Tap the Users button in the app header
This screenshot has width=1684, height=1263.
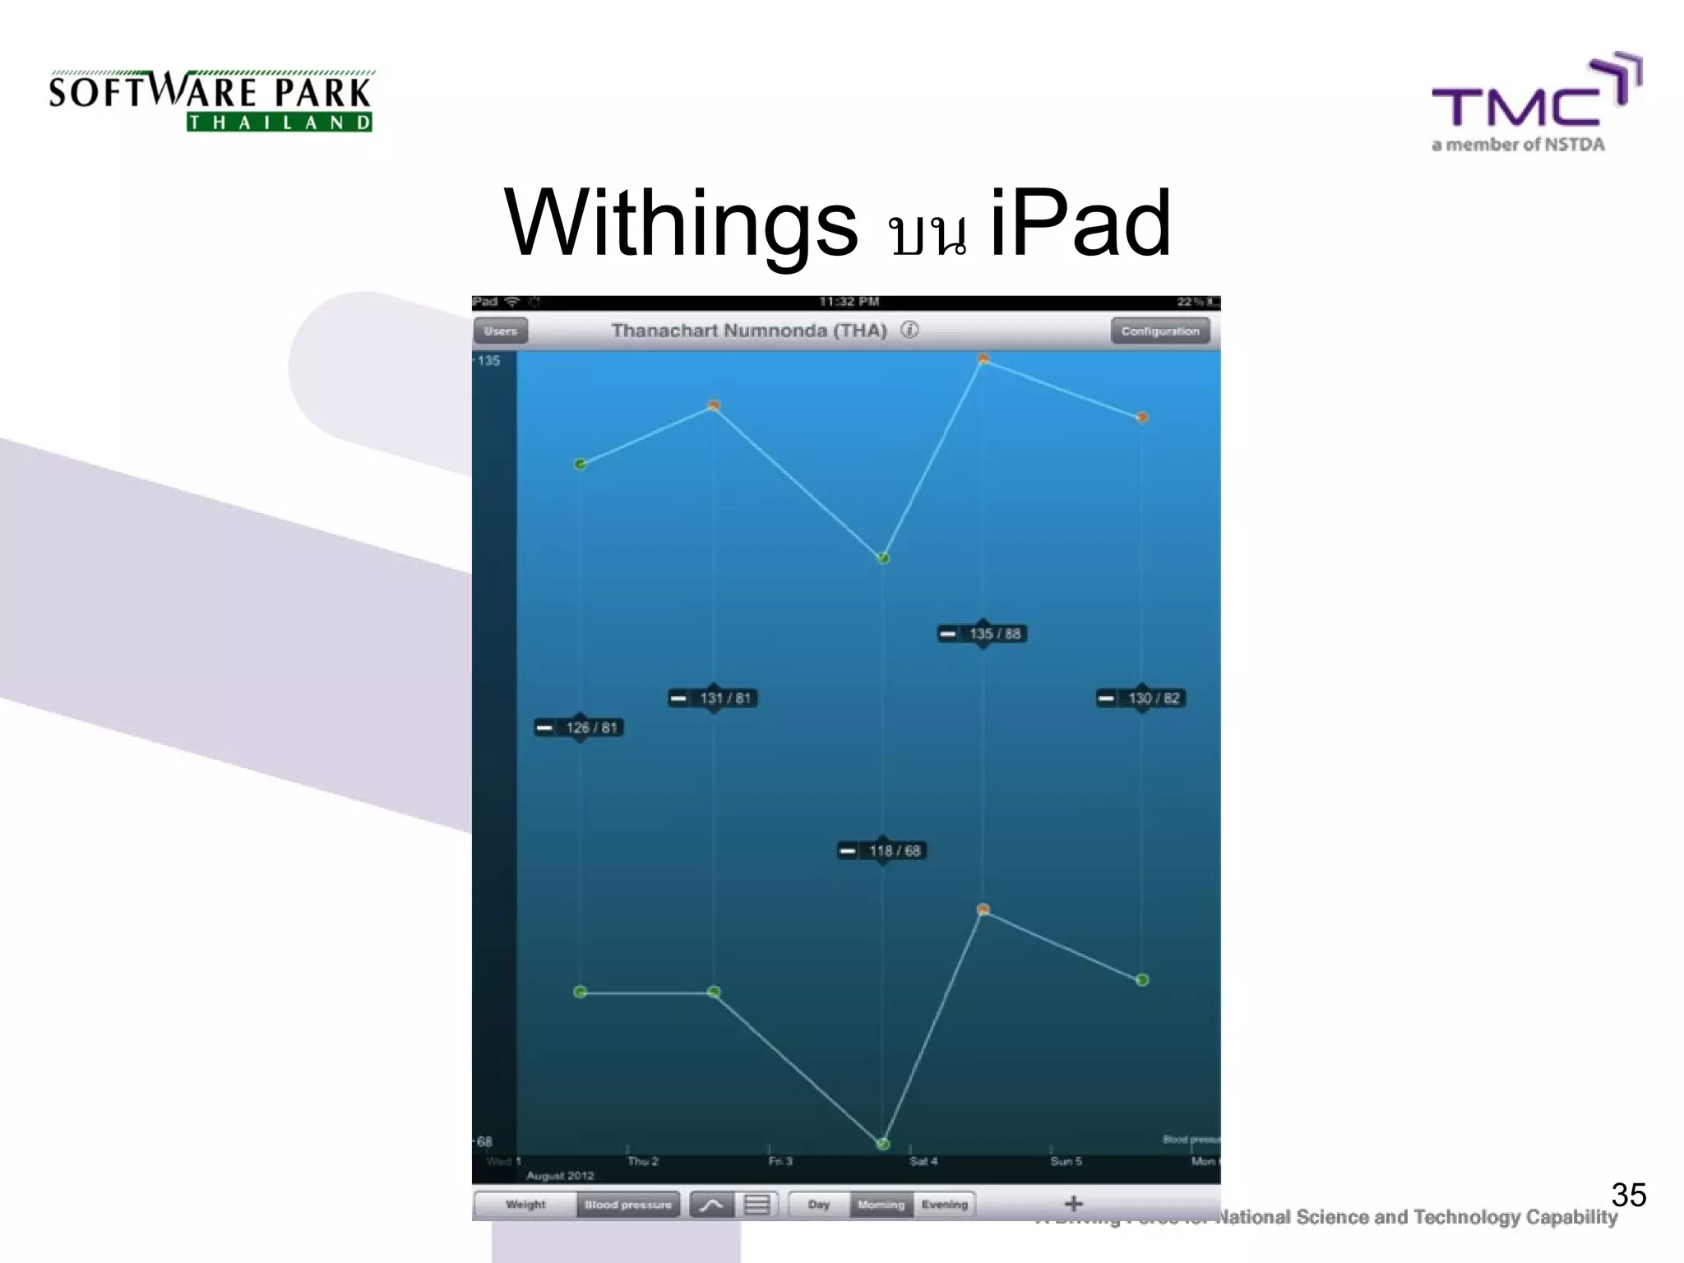500,331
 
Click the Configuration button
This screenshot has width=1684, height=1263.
1159,331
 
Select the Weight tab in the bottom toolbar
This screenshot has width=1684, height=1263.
525,1205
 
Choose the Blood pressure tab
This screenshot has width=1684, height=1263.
628,1205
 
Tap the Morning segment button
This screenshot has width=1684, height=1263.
881,1205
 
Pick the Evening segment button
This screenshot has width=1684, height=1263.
944,1205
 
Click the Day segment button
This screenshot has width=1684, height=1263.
818,1205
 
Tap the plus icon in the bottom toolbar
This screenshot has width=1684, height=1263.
1073,1204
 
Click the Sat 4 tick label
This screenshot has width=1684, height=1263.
923,1161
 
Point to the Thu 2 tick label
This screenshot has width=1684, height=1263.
642,1161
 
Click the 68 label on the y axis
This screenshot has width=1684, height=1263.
484,1141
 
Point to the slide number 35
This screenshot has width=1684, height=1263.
1628,1194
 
